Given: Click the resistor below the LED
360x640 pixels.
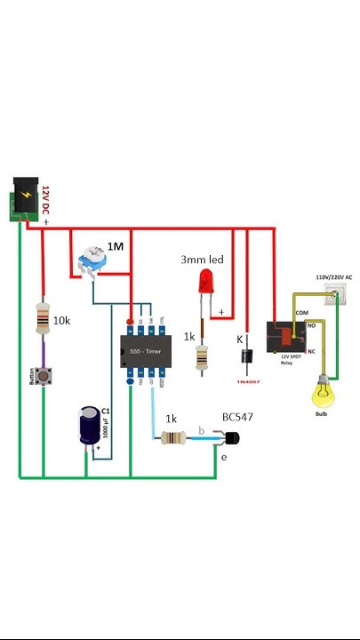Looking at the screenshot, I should click(x=204, y=356).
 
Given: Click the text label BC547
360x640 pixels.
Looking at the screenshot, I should click(x=237, y=415).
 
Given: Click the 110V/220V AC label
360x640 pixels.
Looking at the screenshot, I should click(x=334, y=277).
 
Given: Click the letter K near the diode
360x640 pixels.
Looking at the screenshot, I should click(x=239, y=339).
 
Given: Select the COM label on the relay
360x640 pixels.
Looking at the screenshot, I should click(x=301, y=313).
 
